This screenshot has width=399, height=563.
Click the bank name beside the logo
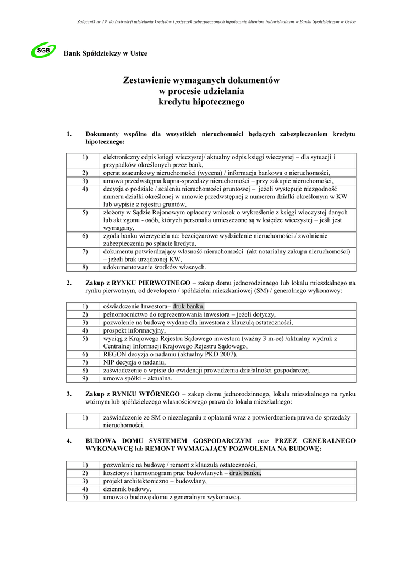coord(105,53)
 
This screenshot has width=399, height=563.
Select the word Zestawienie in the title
coord(151,80)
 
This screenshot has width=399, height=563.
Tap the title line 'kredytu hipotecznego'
coord(201,102)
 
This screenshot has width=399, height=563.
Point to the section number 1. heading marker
coord(69,134)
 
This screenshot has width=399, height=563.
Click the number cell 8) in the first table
coord(85,267)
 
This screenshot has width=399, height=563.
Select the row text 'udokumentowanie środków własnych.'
coord(155,267)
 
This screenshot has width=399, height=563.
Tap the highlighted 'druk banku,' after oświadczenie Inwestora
coord(189,306)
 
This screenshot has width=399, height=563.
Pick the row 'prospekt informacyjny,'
coord(134,330)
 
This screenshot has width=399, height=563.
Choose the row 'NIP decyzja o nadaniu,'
coord(134,362)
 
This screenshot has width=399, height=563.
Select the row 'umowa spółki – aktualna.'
coord(138,378)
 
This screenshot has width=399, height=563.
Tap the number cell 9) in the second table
coord(85,378)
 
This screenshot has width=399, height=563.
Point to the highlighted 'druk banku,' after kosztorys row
coord(245,473)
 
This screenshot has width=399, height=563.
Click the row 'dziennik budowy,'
coord(127,489)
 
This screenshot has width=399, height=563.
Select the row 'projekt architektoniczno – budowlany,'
coord(155,481)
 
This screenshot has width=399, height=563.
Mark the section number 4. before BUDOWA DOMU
coord(69,441)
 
